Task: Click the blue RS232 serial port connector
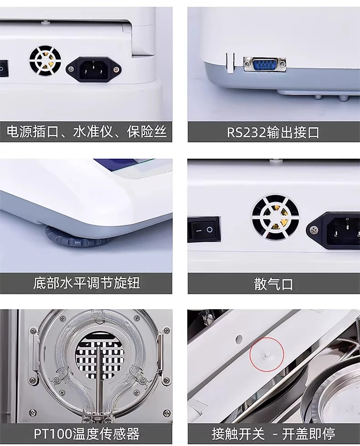pos(264,64)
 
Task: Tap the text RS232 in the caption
pos(246,133)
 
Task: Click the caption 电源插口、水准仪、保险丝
pos(87,132)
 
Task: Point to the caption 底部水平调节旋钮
pos(87,283)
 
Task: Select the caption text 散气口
pos(273,284)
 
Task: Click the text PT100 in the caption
pos(53,434)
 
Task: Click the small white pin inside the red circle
pos(267,355)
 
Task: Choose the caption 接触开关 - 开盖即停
pos(273,434)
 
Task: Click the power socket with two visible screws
pos(93,70)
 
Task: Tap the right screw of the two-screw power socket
pos(116,69)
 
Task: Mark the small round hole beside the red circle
pos(239,339)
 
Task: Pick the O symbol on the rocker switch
pos(210,229)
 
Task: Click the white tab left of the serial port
pos(230,62)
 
